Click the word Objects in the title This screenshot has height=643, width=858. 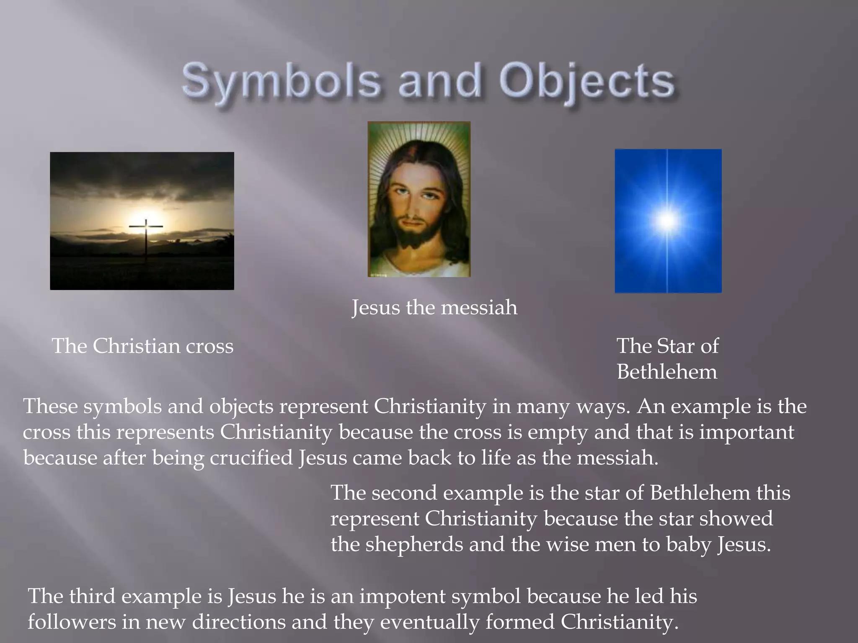tap(587, 82)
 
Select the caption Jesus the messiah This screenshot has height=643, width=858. tap(434, 308)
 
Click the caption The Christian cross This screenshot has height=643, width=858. tap(142, 346)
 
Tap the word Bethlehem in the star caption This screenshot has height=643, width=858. tap(667, 372)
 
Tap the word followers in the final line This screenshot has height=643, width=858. tap(72, 622)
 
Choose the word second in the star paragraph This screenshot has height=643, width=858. tap(404, 493)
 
